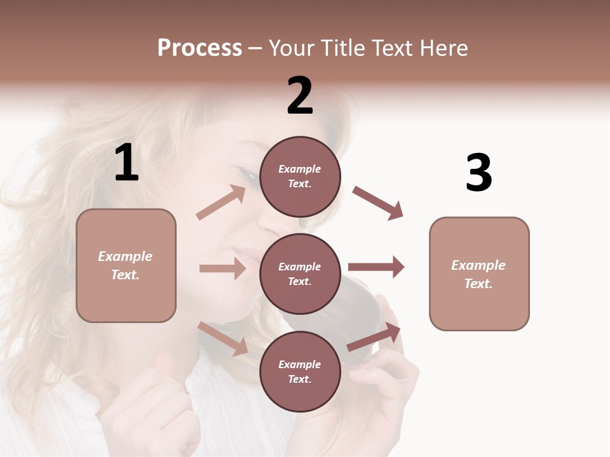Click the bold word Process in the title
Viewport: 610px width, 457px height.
point(200,48)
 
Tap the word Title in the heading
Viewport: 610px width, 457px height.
point(342,48)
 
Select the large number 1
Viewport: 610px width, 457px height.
point(126,163)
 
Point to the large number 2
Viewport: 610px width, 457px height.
point(300,96)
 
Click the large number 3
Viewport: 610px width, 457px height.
point(478,173)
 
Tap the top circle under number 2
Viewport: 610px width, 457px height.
point(300,176)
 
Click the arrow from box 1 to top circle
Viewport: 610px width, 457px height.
point(221,203)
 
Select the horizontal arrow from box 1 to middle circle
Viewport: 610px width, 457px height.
point(222,268)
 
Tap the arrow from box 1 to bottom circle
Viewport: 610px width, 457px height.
point(223,338)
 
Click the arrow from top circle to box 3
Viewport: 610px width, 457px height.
point(377,202)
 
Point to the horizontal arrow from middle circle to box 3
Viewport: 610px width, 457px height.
point(376,267)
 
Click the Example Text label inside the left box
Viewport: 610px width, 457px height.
point(125,265)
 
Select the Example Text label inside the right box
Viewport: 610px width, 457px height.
point(478,274)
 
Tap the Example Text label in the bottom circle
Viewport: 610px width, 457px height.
point(300,371)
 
